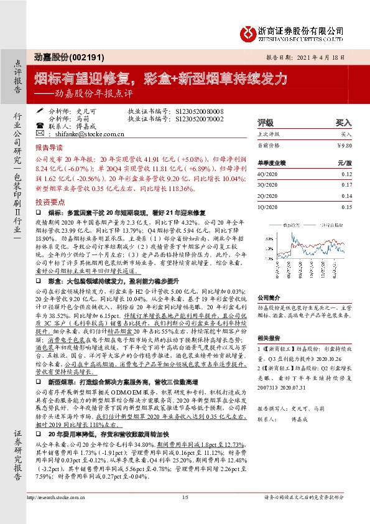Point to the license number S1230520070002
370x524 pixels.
point(195,118)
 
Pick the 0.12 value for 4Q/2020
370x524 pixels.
point(346,175)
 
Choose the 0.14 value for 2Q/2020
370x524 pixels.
point(346,196)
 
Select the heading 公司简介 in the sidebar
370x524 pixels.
point(270,281)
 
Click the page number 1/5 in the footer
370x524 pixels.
point(185,515)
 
